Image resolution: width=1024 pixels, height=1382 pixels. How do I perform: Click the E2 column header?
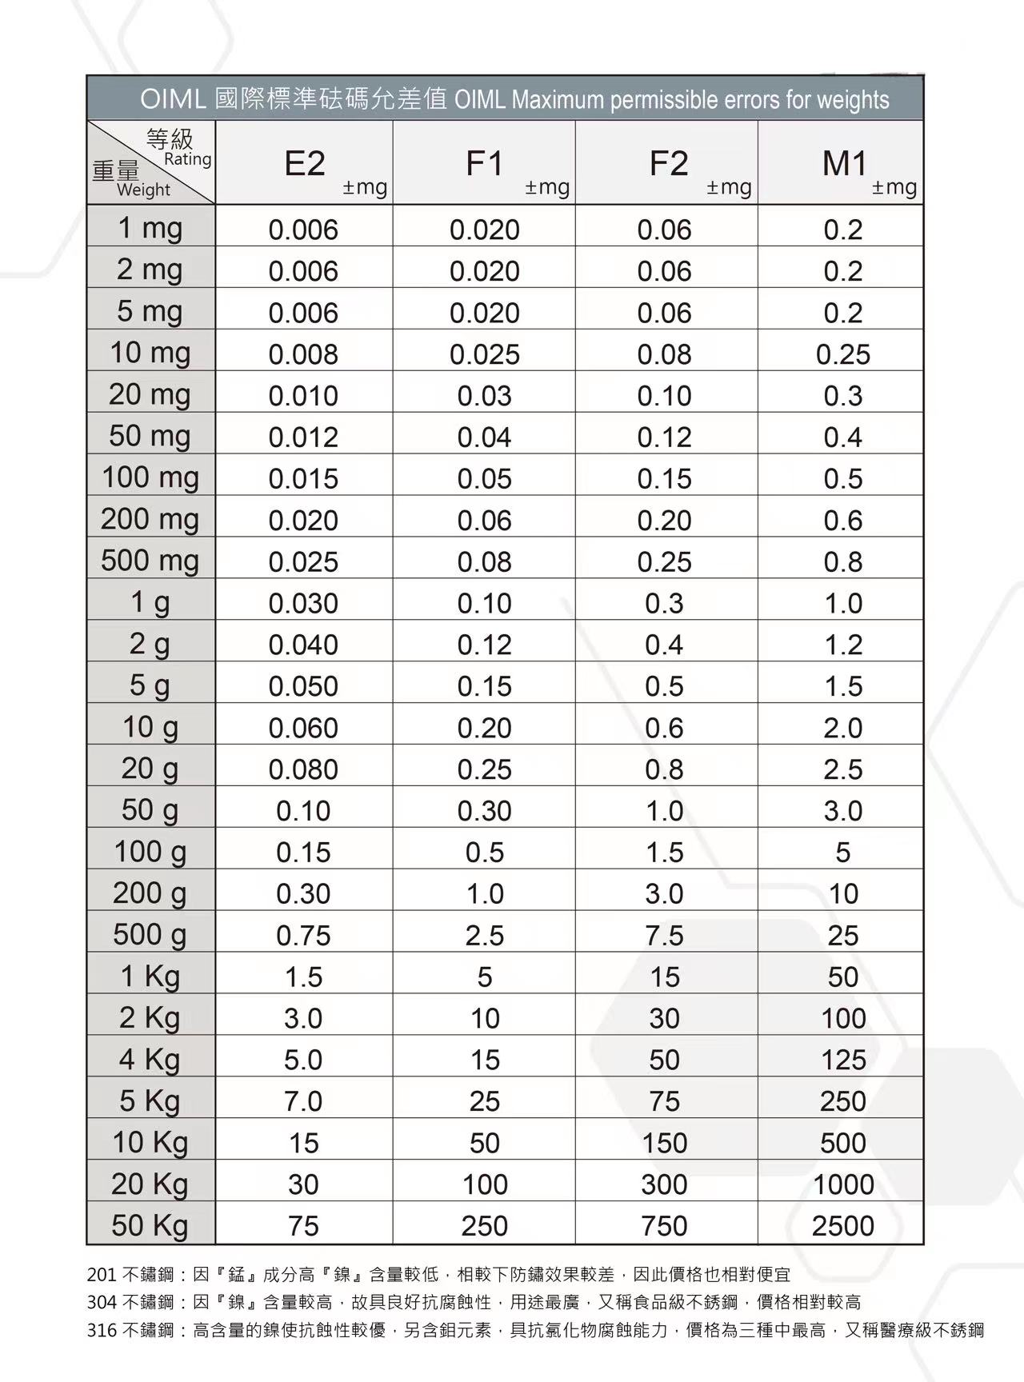305,163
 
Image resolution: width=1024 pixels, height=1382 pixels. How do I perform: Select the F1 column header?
485,163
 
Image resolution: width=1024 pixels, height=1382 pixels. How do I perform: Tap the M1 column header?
845,163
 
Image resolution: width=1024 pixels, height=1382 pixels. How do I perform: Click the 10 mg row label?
150,352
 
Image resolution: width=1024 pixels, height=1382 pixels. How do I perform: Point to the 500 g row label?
150,933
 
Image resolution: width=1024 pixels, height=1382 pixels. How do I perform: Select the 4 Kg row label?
150,1059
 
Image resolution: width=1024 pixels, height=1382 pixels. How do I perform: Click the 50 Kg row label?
150,1224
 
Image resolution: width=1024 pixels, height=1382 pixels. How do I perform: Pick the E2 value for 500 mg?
303,561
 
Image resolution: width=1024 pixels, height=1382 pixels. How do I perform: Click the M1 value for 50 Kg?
843,1225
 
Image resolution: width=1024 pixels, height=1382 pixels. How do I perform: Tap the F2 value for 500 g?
665,935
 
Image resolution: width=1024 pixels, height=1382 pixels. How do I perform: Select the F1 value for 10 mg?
485,354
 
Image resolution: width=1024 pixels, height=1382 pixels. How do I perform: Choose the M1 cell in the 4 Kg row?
843,1060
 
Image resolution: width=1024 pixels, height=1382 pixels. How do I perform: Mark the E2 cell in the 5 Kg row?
303,1101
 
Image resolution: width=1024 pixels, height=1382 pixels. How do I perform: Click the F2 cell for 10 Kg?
665,1143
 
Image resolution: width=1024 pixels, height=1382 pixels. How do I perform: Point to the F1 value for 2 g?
485,645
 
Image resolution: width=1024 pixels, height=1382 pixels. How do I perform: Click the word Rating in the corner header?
188,159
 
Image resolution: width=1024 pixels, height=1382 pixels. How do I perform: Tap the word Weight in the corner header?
143,190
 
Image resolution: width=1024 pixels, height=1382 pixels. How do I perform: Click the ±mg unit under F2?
729,187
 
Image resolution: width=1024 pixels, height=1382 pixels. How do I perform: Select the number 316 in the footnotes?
101,1330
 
